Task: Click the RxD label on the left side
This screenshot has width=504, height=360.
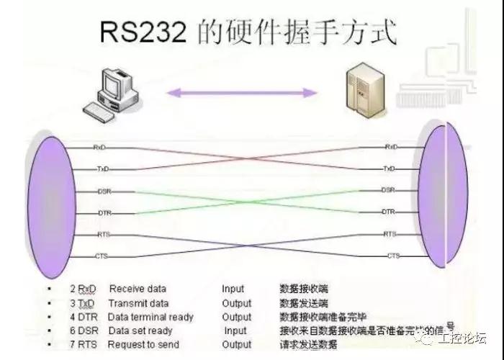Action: (x=100, y=147)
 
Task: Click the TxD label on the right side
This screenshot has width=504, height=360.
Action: (x=390, y=168)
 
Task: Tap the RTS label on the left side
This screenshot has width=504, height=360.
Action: (x=102, y=235)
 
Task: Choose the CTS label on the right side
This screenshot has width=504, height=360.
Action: (x=393, y=256)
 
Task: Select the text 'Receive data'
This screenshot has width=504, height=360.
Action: (x=137, y=289)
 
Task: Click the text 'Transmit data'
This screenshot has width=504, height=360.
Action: (x=138, y=303)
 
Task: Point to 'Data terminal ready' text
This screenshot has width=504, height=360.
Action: (x=150, y=317)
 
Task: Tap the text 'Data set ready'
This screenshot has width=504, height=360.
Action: (x=140, y=330)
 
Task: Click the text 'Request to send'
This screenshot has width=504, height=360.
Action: (x=142, y=344)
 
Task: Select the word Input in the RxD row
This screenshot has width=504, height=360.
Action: (x=233, y=289)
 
